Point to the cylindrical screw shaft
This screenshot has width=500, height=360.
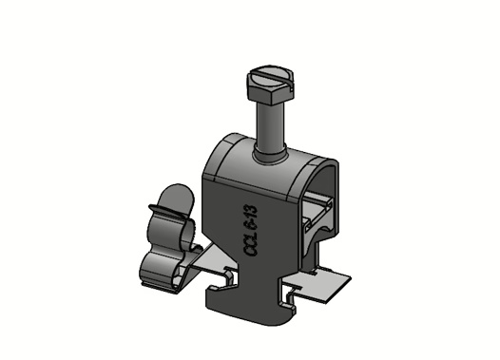tap(270, 127)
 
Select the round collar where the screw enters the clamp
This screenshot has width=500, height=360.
tap(270, 156)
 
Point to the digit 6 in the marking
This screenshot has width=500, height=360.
tap(250, 225)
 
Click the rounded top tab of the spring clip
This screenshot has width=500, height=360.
tap(179, 199)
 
